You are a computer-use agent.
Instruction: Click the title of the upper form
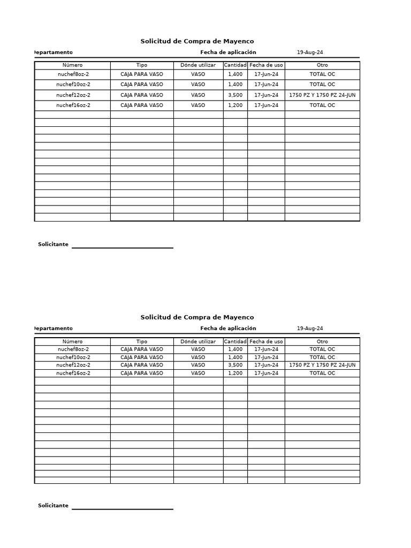197,41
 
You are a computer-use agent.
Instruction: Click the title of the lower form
197,317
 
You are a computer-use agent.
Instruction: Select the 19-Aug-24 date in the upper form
310,52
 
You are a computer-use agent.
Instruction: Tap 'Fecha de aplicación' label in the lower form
228,329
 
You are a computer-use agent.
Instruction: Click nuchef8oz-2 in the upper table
73,74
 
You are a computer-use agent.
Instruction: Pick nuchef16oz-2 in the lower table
73,373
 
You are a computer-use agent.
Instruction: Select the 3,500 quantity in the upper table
235,95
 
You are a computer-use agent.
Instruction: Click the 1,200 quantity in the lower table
235,373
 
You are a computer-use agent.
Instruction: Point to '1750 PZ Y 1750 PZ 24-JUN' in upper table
322,95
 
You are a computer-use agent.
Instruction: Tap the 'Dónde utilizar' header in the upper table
198,65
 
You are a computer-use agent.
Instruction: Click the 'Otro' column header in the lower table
322,341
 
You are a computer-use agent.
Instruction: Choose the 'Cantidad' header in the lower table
235,341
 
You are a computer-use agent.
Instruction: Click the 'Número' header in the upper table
73,65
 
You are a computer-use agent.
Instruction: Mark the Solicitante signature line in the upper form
123,247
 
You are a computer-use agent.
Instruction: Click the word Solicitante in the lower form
53,506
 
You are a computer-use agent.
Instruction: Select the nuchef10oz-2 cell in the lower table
73,357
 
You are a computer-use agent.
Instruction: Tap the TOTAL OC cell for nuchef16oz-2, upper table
322,105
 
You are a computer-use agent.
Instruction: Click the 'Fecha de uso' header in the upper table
266,65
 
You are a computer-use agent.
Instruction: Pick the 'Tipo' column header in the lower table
142,341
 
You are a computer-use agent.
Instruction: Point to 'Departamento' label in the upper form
54,52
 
